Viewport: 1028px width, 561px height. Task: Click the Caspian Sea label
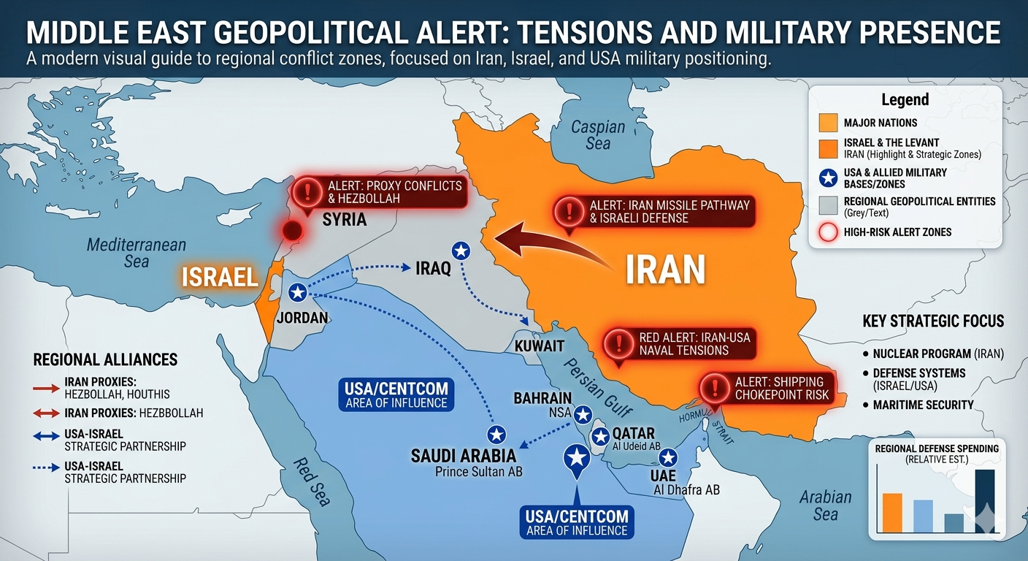598,134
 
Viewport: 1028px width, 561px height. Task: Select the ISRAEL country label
220,277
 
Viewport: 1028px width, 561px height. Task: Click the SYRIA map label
344,219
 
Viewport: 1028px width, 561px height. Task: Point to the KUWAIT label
540,346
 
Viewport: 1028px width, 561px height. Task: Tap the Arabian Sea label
826,505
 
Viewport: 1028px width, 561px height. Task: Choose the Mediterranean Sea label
137,253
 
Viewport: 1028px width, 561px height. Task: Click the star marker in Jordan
297,293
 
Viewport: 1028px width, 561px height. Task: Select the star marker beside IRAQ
461,251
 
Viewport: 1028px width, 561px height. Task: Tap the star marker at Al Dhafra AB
668,458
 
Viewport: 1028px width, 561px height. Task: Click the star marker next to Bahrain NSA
583,415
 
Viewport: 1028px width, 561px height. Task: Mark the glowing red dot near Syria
292,232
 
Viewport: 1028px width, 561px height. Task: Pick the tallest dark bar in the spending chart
984,503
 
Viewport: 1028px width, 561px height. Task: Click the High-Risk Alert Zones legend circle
828,233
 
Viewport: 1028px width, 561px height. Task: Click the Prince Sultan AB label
478,472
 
